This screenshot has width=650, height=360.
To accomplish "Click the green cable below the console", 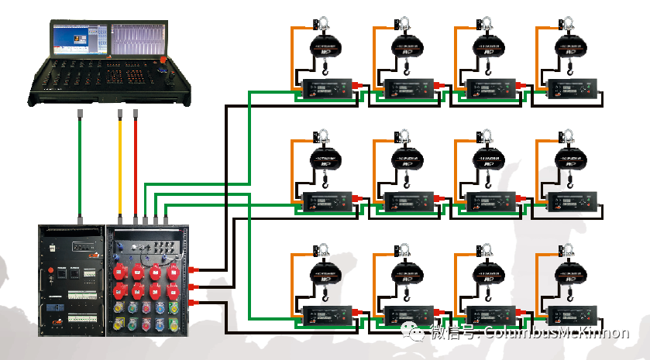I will tap(81, 163).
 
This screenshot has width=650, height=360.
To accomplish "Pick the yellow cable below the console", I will tap(120, 163).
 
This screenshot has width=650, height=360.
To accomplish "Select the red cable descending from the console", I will tap(136, 163).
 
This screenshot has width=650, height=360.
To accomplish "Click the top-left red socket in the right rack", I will tap(121, 272).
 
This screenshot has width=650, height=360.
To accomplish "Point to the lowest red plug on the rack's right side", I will tap(192, 303).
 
